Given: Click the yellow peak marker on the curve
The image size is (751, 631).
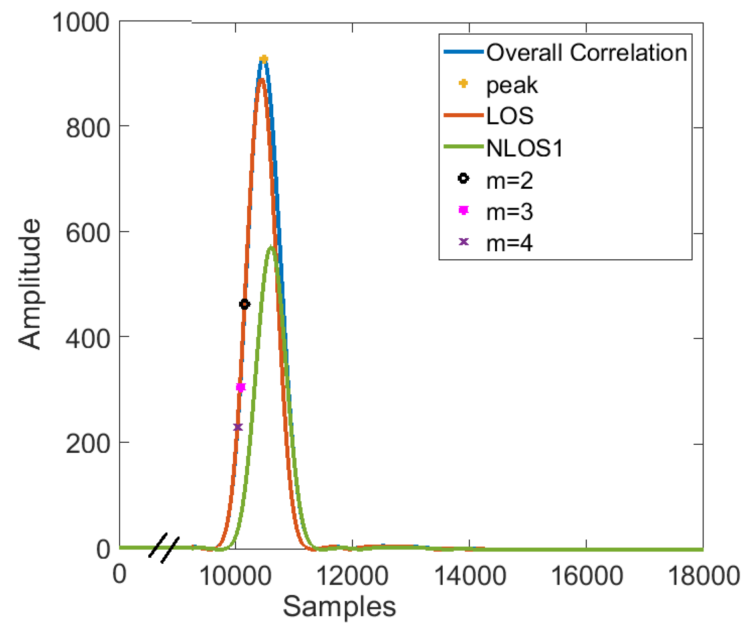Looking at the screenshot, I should pos(263,59).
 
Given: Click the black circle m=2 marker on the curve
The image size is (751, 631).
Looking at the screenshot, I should pos(244,304).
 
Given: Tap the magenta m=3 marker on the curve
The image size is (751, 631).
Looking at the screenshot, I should pos(241,387).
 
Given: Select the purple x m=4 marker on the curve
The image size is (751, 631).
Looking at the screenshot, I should pos(238,427).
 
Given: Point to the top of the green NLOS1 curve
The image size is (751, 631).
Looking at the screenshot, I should pos(271,247).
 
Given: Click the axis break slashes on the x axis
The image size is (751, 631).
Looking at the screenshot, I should pos(164,548).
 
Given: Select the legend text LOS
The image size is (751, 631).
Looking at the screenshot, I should pos(510,116).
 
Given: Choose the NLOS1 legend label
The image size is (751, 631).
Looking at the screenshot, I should pos(524,148).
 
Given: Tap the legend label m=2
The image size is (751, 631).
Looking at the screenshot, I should pos(510,180).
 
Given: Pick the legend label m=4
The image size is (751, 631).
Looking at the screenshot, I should pos(510,243).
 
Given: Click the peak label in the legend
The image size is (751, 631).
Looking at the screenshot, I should pos(512,85).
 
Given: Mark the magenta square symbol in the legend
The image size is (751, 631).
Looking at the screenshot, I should pos(464,210).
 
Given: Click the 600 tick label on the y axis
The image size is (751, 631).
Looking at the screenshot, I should pos(87,233).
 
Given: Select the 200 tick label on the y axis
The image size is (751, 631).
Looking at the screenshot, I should pos(87,444).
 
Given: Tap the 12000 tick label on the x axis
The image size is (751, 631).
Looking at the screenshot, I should pos(352,575).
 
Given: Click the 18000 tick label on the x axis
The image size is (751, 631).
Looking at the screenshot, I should pos(703,575).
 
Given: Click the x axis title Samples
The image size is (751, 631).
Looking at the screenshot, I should pos(339,606).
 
